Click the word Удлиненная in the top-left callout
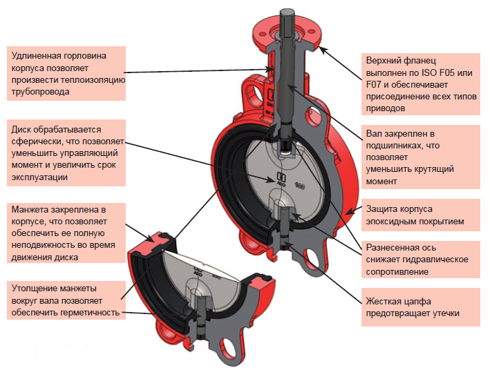pyautogui.click(x=37, y=54)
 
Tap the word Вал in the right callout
pyautogui.click(x=374, y=132)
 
